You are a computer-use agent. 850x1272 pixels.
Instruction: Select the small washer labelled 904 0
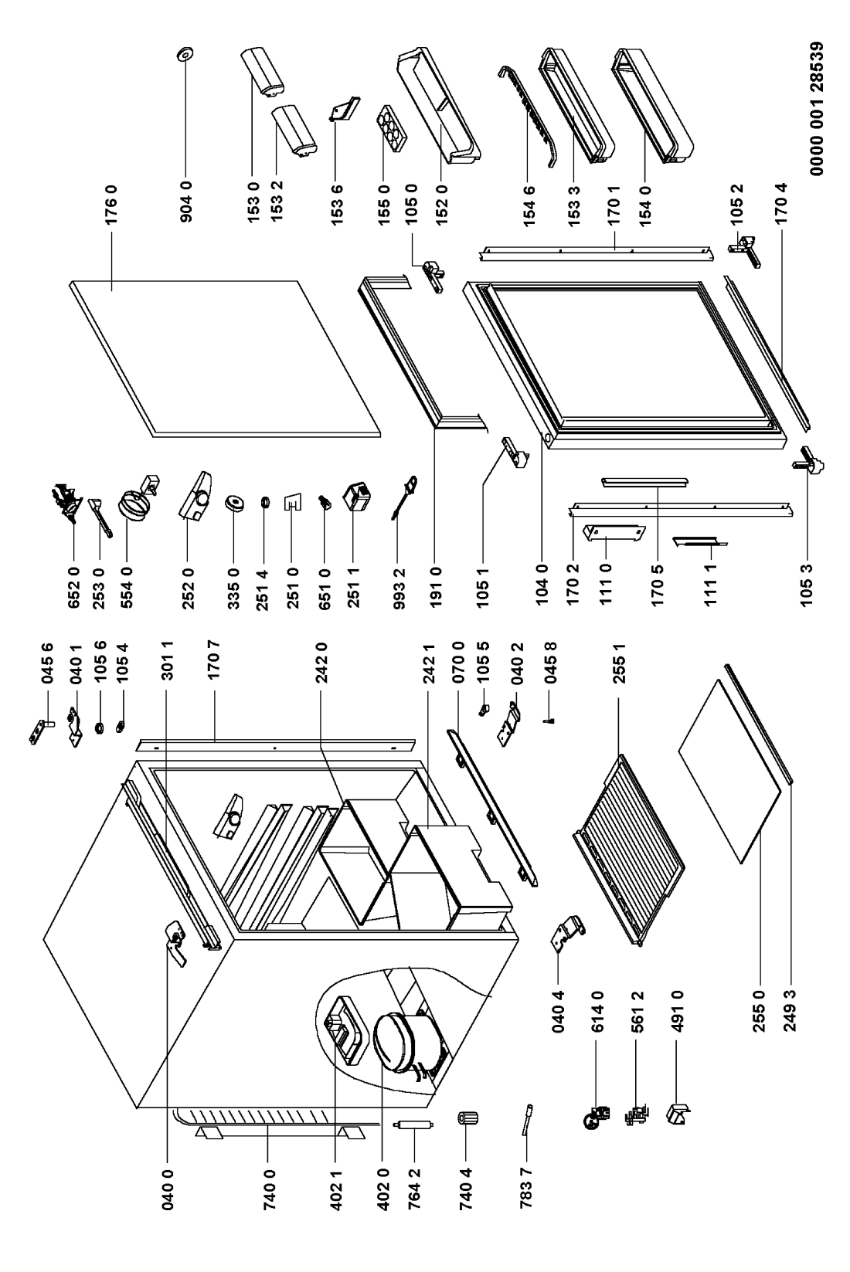coord(185,55)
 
